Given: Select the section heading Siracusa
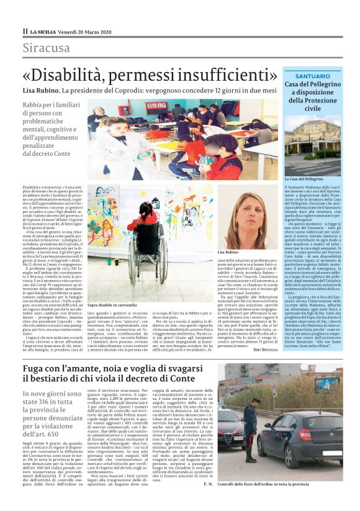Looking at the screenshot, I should pyautogui.click(x=47, y=48).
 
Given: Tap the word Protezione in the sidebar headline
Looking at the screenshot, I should pyautogui.click(x=312, y=100).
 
